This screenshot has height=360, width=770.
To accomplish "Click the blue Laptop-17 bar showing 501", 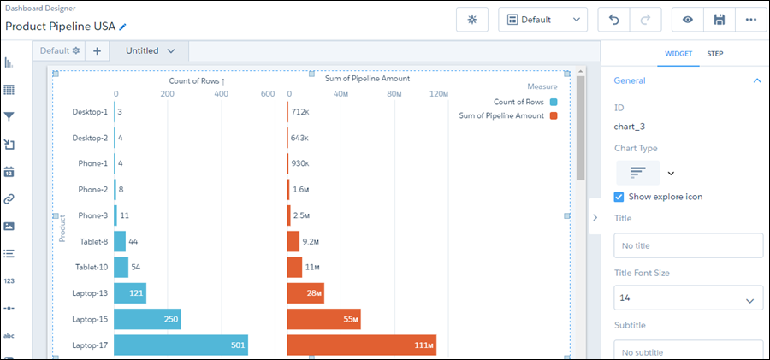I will [x=181, y=345].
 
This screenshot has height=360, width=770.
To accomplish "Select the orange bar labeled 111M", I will [x=361, y=345].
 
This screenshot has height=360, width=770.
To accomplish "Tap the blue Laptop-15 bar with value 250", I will [x=147, y=319].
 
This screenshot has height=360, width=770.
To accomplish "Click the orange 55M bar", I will [x=323, y=319].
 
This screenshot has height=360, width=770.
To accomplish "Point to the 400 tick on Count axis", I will [x=221, y=94].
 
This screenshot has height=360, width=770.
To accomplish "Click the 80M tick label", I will [x=394, y=94].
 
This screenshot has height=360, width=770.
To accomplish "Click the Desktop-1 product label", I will [x=90, y=112].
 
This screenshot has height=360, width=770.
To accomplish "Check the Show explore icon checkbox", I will [x=619, y=197].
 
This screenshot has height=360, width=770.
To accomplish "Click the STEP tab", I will [x=714, y=54].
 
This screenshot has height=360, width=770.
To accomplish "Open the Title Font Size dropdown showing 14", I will [x=688, y=298].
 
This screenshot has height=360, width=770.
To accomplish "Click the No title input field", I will [x=688, y=246].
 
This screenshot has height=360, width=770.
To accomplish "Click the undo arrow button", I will [x=613, y=20].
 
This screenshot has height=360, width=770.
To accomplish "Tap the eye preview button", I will [x=687, y=20].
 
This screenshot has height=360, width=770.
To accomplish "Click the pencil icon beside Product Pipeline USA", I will [x=122, y=27].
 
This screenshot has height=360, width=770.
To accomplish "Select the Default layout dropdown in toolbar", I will [x=542, y=20].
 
